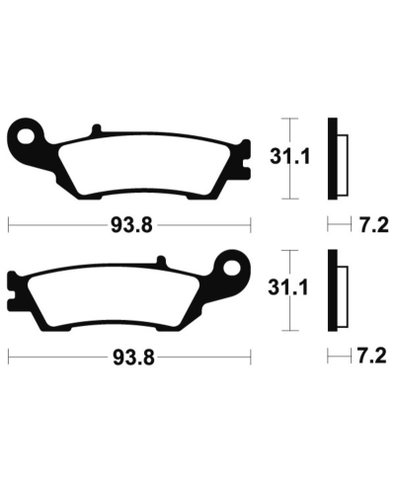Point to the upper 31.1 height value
point(285,155)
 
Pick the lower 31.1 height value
point(285,287)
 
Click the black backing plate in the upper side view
point(334,161)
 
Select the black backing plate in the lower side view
point(334,292)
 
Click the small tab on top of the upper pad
point(95,130)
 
